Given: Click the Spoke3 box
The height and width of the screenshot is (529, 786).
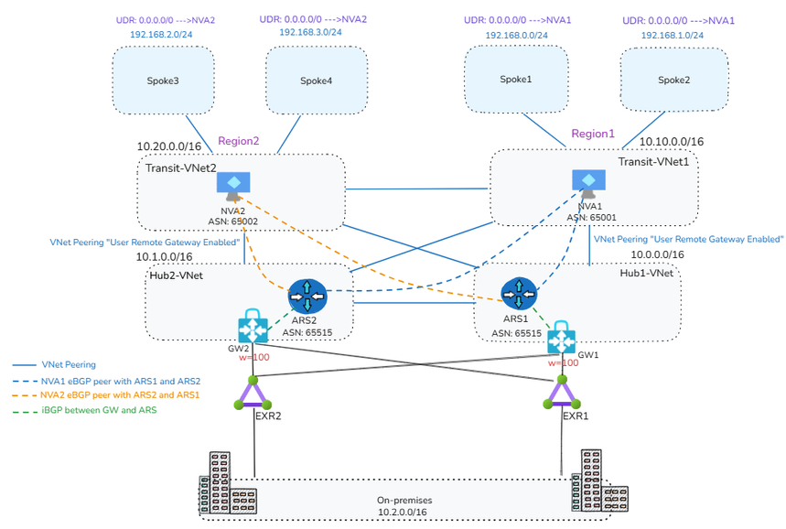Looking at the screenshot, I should [162, 81].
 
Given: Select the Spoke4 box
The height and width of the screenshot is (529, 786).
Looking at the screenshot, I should [316, 81].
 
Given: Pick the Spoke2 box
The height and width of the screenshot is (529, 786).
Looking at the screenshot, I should [673, 80].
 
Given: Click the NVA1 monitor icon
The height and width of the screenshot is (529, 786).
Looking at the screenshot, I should [586, 180].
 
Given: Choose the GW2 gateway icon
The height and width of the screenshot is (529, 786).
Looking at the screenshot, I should [253, 327].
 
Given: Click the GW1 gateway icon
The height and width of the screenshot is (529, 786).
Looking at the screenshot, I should [560, 338].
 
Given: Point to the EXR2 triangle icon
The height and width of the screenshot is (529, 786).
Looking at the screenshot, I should [252, 395].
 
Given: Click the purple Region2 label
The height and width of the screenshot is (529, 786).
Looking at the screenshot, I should [239, 142].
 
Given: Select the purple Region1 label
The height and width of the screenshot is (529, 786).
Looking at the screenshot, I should [593, 134].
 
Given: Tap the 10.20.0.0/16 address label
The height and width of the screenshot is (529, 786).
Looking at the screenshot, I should [169, 146].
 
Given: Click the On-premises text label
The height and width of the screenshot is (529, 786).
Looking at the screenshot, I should [403, 501].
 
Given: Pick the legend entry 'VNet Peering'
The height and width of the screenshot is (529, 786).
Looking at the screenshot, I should [70, 364].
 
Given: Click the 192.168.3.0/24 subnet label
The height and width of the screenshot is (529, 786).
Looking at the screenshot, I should [310, 31].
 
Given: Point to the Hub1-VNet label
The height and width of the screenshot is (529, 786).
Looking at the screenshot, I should [646, 273].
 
